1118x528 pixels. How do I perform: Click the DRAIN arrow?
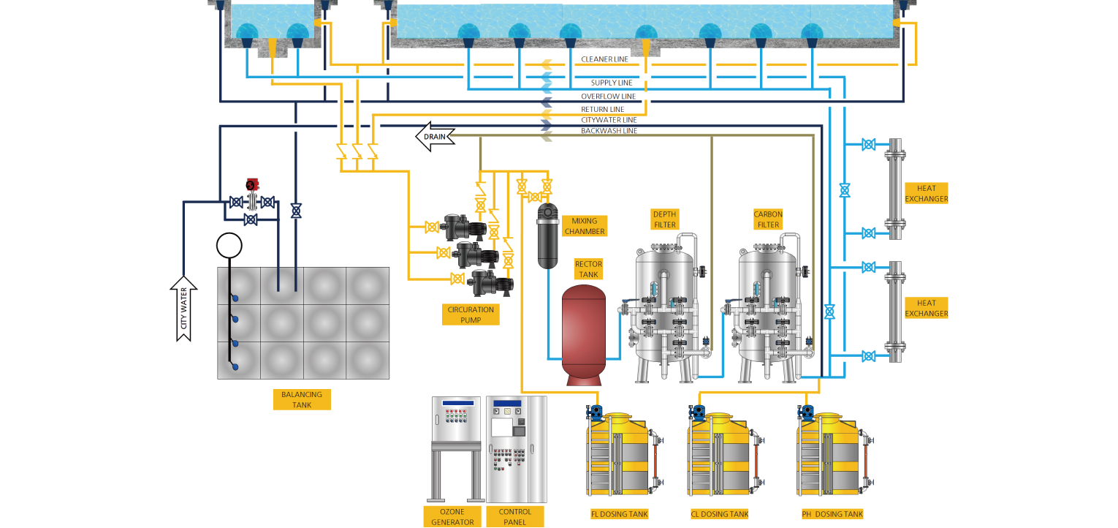(x=436, y=136)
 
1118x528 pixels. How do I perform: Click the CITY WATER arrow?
(x=183, y=309)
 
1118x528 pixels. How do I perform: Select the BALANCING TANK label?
(x=302, y=399)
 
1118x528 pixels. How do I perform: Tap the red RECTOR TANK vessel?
(x=583, y=335)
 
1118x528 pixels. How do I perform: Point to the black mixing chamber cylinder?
(x=547, y=235)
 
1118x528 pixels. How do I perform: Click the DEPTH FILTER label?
(x=665, y=219)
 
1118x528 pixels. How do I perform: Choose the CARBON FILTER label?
(x=768, y=219)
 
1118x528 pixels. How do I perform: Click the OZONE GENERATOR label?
(x=453, y=517)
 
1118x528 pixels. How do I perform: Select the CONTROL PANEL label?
(x=515, y=517)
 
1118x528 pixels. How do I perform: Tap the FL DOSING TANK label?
(x=620, y=514)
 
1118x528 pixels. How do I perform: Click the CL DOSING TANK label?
(x=720, y=514)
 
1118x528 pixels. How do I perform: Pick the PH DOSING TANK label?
(x=832, y=514)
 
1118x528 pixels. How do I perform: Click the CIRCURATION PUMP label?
(x=471, y=314)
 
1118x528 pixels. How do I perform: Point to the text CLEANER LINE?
(x=604, y=59)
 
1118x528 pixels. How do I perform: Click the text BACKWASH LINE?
(x=609, y=131)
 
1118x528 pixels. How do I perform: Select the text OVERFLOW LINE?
(x=609, y=97)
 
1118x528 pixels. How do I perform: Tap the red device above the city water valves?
(x=253, y=185)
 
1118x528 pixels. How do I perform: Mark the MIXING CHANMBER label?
(x=585, y=226)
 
